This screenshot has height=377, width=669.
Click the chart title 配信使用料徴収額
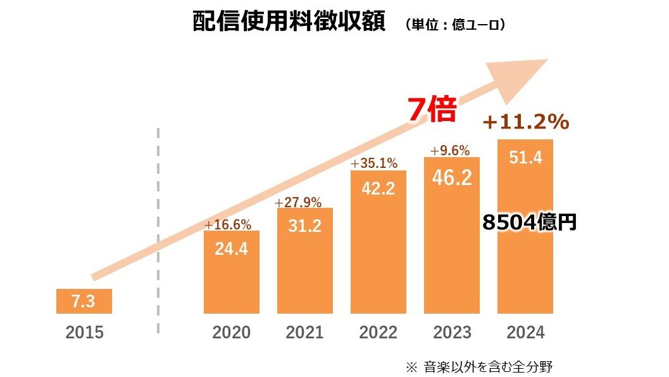[x=289, y=22]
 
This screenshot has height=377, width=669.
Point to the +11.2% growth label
[x=525, y=122]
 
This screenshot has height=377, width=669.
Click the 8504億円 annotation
[x=528, y=222]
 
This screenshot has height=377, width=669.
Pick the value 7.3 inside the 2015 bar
[x=84, y=302]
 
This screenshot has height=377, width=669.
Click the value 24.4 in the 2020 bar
[x=231, y=249]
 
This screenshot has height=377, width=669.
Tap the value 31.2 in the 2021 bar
[x=304, y=226]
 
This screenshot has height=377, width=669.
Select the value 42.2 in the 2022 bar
[x=378, y=189]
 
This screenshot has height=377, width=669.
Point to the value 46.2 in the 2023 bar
[x=452, y=177]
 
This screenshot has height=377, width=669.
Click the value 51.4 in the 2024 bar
[x=525, y=158]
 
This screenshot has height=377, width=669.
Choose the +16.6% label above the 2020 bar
[x=228, y=225]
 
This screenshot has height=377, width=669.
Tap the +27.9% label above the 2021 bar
[x=298, y=203]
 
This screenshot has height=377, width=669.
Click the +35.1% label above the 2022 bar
[x=373, y=163]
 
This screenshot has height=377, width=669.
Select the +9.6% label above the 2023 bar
[x=450, y=151]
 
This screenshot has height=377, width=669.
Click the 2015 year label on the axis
[x=84, y=333]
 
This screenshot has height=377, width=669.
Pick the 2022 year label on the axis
[x=378, y=333]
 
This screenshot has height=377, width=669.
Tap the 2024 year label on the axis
[x=525, y=333]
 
